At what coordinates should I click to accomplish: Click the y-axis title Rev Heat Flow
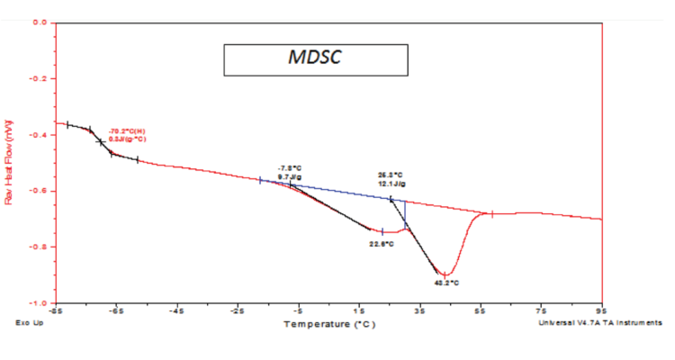(11, 162)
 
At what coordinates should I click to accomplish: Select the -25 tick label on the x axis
(238, 311)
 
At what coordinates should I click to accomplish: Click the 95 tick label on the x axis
(601, 311)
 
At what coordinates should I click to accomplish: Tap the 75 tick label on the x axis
(541, 311)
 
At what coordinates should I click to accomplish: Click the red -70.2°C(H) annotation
(128, 131)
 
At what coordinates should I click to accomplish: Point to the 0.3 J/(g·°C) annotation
(128, 139)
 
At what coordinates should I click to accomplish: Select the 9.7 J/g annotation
(289, 177)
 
